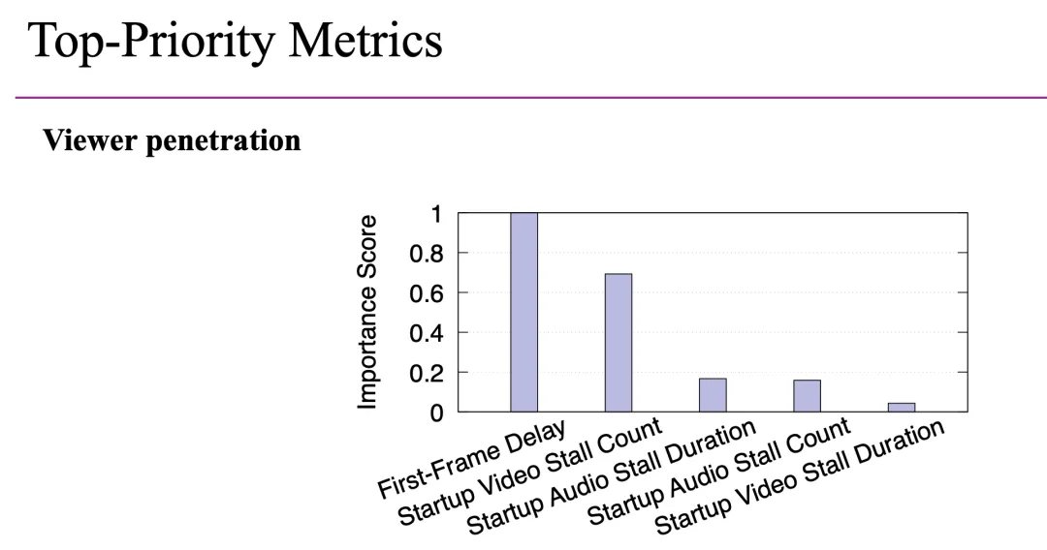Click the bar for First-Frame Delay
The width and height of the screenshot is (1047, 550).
523,312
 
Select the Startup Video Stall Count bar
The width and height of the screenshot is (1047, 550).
619,343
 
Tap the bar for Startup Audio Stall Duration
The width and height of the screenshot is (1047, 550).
713,395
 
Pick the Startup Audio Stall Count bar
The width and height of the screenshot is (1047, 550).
807,396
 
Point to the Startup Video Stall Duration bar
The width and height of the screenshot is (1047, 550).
902,408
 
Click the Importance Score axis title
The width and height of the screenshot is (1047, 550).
368,312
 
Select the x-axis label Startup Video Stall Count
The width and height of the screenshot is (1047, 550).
530,472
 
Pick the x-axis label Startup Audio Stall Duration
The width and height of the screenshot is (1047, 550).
611,479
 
